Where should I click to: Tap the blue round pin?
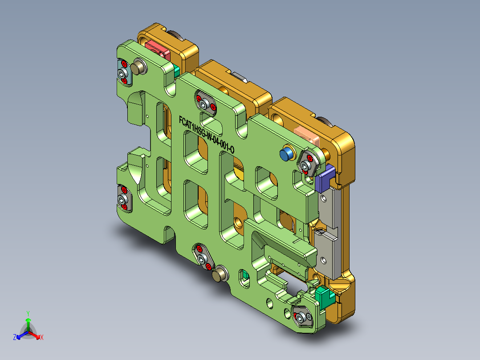click(286, 154)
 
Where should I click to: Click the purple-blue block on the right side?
click(326, 176)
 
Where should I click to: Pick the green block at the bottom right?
click(324, 296)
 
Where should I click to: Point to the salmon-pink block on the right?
click(308, 135)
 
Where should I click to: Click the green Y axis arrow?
click(28, 320)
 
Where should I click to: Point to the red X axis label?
click(41, 338)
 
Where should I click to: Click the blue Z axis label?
click(15, 338)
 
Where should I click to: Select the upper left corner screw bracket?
click(123, 73)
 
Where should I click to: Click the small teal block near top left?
click(176, 71)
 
